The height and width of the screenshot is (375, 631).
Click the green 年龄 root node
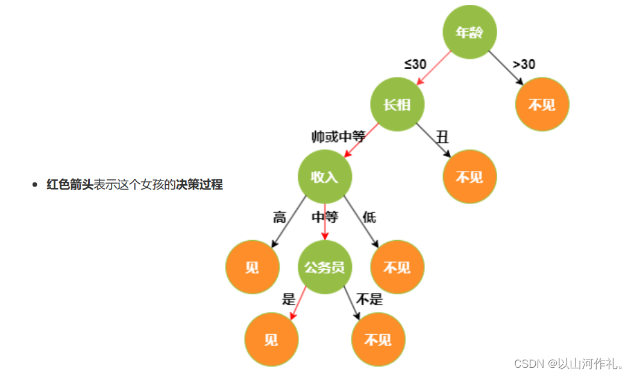pos(469,33)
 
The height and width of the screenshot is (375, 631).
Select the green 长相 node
pos(397,104)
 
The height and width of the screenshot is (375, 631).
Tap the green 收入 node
pos(325,176)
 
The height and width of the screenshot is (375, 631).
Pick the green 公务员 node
pos(325,267)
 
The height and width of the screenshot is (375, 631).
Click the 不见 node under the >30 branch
pos(542,104)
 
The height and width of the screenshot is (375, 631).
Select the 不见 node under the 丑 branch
pos(469,176)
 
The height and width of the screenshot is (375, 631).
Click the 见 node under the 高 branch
pos(253,267)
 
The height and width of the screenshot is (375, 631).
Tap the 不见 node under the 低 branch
pos(397,267)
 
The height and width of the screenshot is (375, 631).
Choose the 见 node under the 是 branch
pos(271,339)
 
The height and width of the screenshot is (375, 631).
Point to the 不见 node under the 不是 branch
pos(378,339)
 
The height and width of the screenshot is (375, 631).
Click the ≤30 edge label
pos(415,64)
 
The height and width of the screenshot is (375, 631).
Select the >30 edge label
pos(524,64)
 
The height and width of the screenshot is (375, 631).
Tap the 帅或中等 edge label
pos(338,137)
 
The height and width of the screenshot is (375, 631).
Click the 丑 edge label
pos(442,137)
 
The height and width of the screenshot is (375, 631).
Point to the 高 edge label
pos(280,217)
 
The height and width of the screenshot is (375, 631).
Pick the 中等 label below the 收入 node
pos(325,217)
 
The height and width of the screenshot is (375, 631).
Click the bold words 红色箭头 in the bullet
pos(70,185)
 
